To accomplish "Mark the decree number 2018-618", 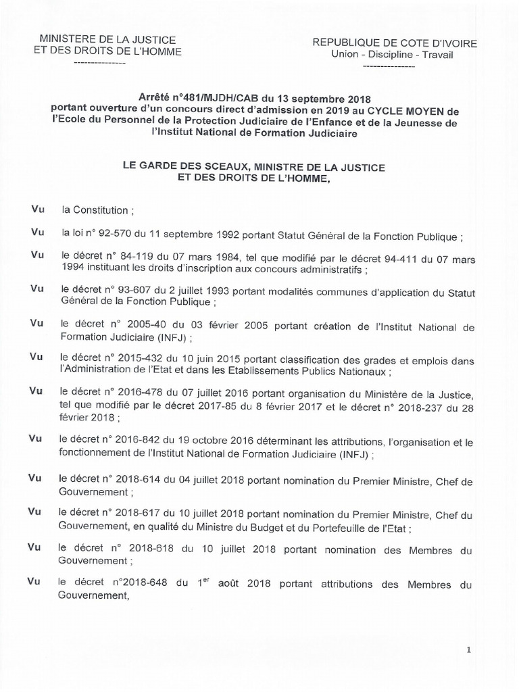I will click(144, 549).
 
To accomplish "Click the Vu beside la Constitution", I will click(37, 210).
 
